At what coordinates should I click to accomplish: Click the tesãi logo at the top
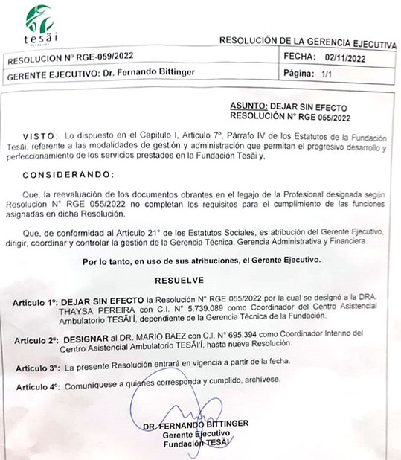(37, 25)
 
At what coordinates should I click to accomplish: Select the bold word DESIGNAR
(86, 336)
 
